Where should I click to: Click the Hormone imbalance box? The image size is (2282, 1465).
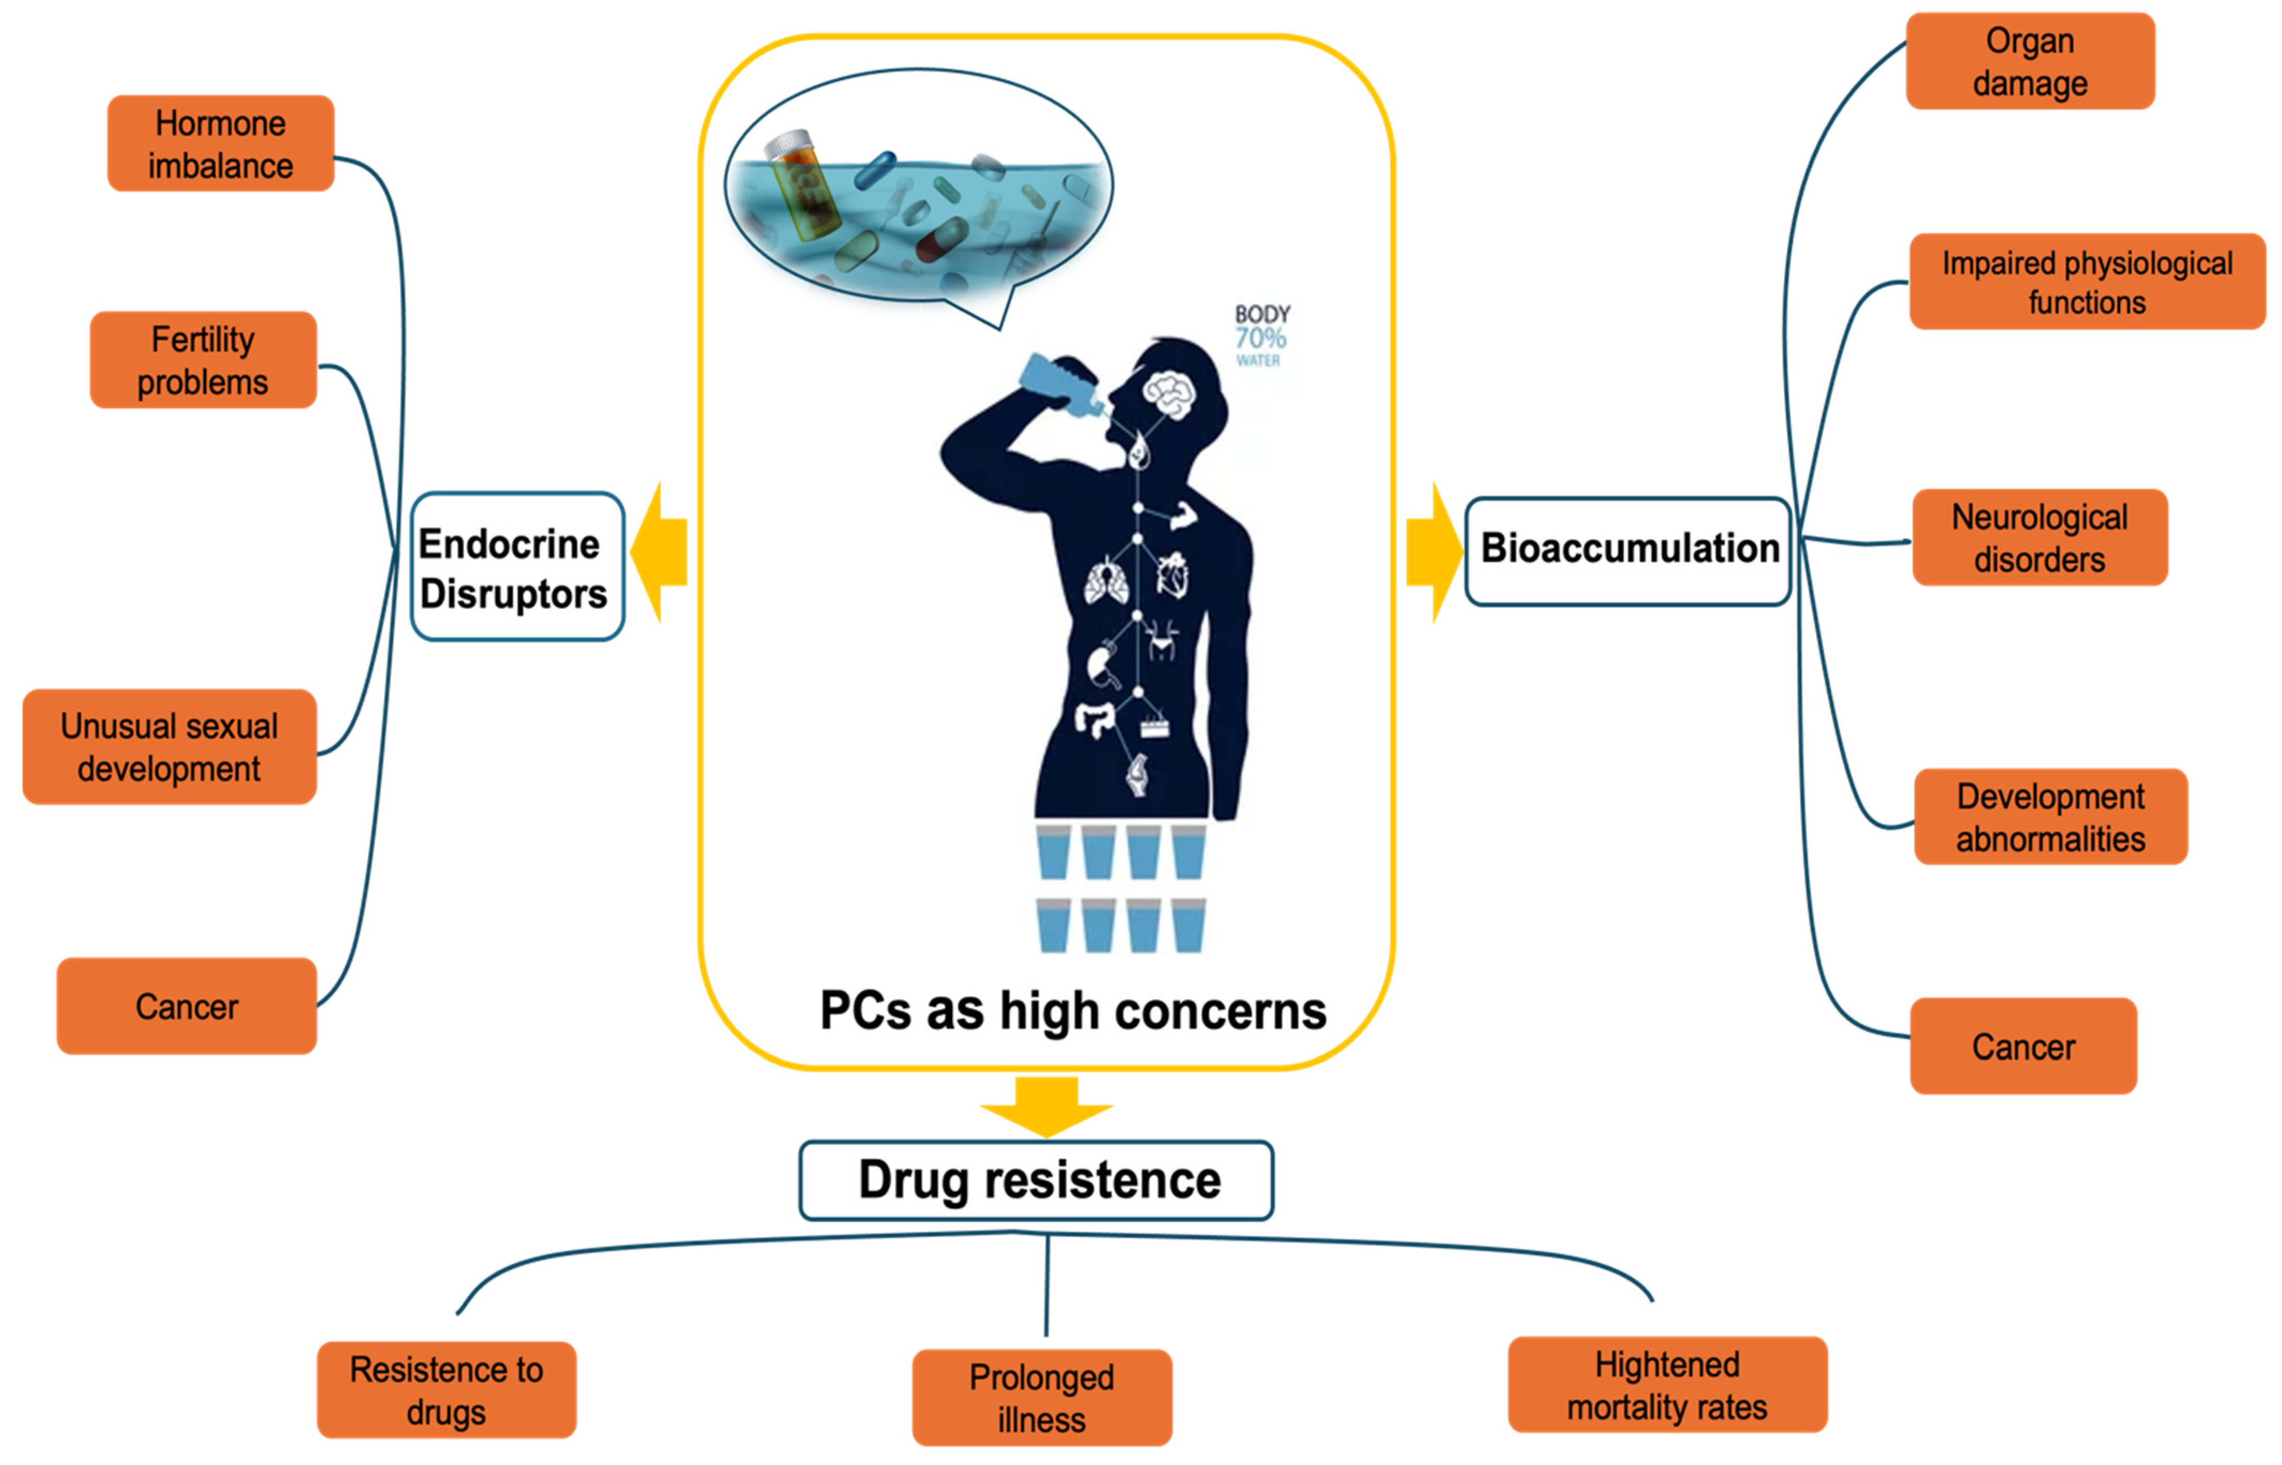pyautogui.click(x=221, y=144)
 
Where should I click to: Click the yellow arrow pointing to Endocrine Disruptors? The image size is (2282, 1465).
pyautogui.click(x=659, y=552)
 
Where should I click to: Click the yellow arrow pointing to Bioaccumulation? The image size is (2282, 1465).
pyautogui.click(x=1434, y=552)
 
